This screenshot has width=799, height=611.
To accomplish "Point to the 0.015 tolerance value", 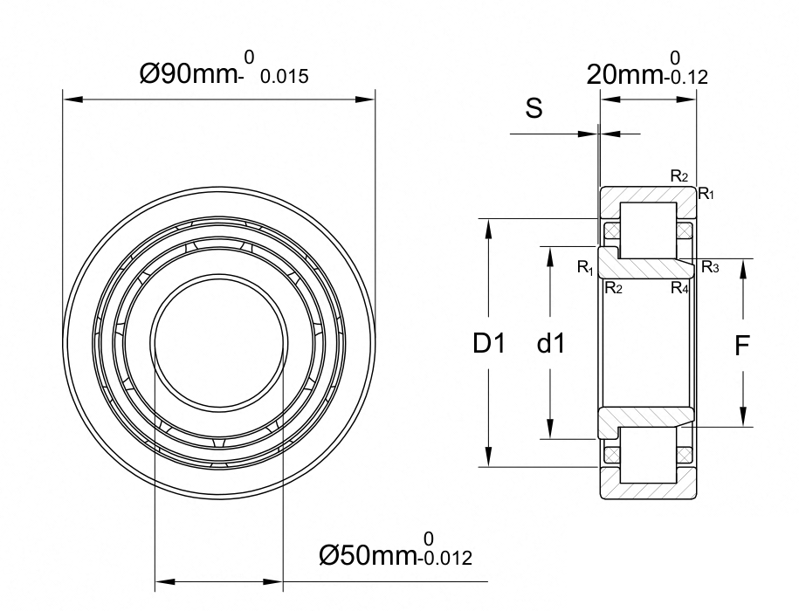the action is coord(285,77).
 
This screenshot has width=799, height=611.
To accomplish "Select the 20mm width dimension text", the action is coord(623,75).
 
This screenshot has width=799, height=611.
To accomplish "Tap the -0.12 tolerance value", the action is coord(685,78).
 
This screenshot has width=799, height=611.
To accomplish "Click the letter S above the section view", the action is coord(534,108).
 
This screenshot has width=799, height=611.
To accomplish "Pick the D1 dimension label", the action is coord(489,343).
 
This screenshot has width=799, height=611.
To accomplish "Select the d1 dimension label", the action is coord(551,343).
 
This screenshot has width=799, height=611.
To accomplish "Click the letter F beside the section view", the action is coord(742,347).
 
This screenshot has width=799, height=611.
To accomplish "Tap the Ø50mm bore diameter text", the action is coord(368,555).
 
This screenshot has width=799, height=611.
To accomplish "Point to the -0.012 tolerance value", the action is coord(444,559).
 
